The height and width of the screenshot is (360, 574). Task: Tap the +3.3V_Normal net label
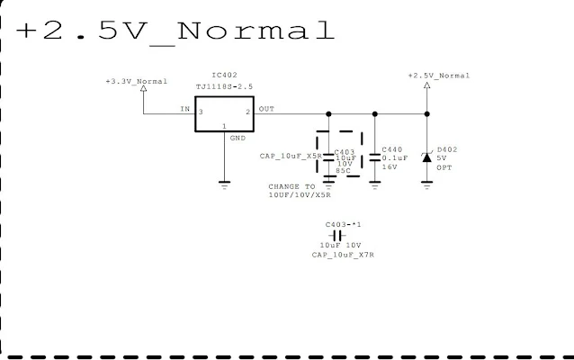137,81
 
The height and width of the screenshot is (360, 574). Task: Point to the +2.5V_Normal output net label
438,76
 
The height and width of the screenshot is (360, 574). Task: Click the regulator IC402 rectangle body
225,113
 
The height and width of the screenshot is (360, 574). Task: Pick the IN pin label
184,109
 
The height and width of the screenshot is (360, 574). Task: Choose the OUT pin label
266,109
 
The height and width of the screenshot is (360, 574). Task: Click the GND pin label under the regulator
238,139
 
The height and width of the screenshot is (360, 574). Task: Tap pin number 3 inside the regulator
201,112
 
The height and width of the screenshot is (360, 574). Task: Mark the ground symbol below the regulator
224,184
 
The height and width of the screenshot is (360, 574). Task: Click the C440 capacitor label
392,148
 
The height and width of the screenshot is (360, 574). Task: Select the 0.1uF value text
394,157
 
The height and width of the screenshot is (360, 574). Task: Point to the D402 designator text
447,148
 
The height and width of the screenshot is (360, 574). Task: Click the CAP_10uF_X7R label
343,255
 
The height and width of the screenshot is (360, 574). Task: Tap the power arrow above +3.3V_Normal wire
144,93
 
